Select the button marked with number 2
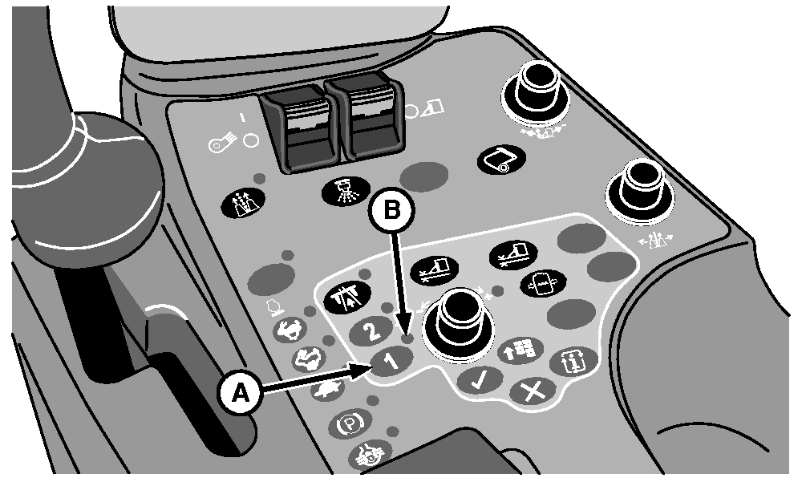372,330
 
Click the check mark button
480,380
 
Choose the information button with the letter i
573,363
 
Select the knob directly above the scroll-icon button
535,91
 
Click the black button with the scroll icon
502,160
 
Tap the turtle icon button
327,391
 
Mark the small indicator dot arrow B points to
407,338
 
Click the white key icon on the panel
222,144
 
